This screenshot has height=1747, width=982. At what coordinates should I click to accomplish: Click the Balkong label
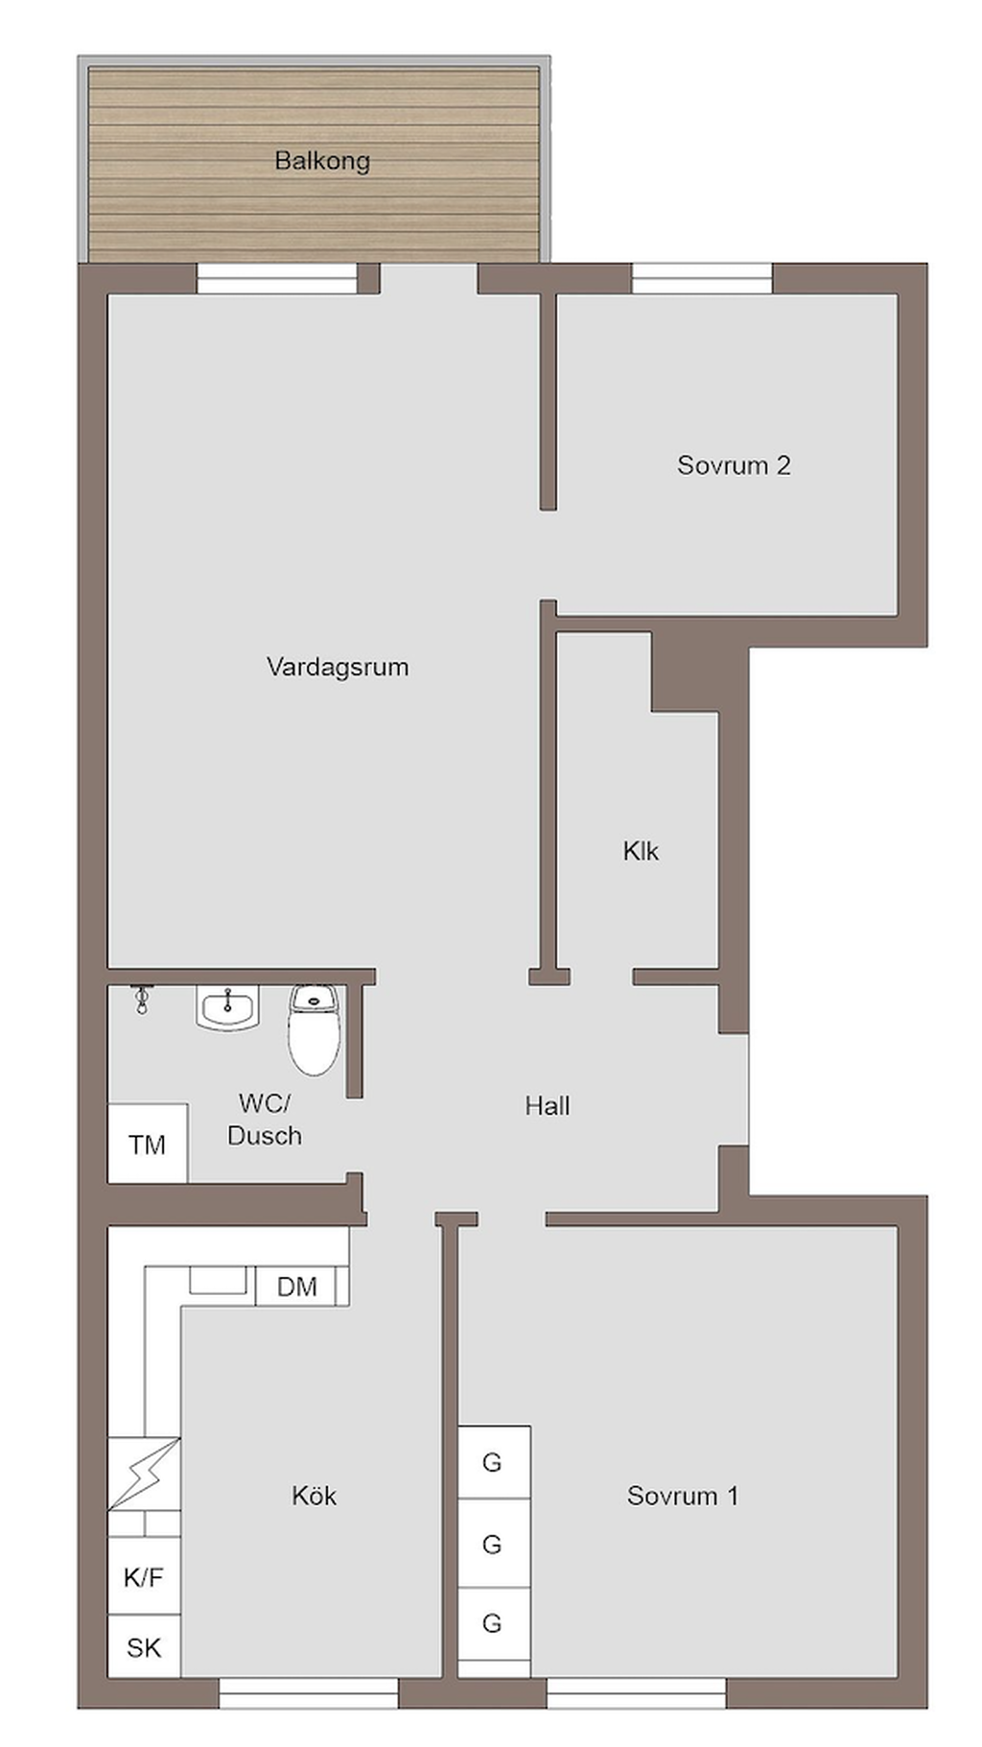pos(322,161)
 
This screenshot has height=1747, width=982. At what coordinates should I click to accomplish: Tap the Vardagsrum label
pos(338,667)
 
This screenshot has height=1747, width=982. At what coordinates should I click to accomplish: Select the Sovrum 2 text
pos(734,465)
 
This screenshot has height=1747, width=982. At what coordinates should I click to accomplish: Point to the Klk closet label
pos(641,851)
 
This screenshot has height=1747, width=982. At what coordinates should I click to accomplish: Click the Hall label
pos(548,1106)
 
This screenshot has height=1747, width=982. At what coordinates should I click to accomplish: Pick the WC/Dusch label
pos(265,1120)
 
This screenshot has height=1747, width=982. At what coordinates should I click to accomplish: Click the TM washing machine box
pos(148,1144)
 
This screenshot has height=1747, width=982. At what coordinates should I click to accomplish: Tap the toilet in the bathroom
pos(315,1029)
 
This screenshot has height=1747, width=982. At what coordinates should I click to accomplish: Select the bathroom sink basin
pos(228,1008)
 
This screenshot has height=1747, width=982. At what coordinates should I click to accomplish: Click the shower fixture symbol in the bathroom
pos(142,1000)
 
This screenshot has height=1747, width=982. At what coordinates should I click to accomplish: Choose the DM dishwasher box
pos(296,1287)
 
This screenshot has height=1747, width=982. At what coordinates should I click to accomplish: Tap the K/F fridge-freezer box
pos(144,1576)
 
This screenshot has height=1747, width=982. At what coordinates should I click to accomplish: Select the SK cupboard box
pos(144,1647)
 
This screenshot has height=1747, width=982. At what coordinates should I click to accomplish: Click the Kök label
pos(315,1496)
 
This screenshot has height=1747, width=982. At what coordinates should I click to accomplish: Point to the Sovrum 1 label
pos(683,1496)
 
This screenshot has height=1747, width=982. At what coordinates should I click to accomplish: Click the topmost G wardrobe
pos(494,1462)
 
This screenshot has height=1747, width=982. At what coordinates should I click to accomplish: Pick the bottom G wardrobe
pos(494,1623)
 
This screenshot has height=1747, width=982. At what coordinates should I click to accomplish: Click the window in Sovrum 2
pos(702,278)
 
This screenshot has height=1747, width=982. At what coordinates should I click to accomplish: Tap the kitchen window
pos(309,1693)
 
